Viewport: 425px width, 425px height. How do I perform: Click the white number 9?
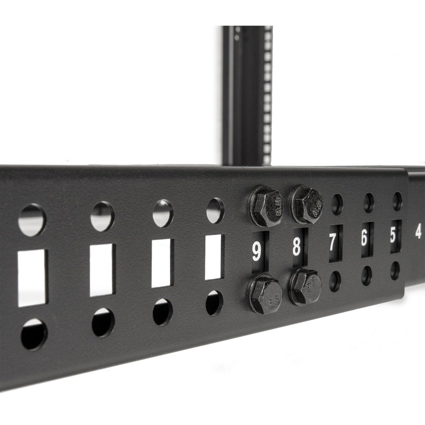[256, 250]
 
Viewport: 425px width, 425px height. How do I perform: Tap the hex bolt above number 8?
[306, 200]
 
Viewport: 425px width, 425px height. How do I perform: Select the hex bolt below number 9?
[266, 294]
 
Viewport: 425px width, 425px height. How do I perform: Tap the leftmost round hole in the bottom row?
[34, 333]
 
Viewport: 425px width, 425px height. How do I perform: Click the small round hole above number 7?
[337, 204]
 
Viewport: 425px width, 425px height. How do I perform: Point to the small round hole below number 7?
[335, 281]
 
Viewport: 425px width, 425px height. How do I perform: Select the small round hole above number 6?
[368, 202]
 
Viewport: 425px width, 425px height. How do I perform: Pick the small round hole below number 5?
[395, 270]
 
